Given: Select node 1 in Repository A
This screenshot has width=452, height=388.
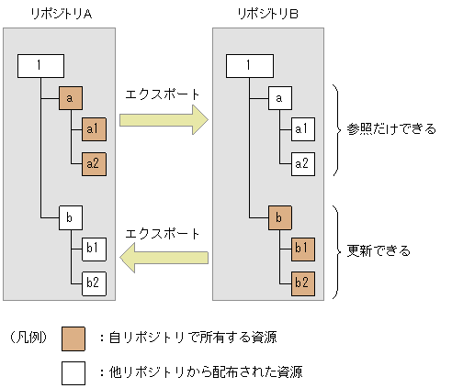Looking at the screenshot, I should [40, 66].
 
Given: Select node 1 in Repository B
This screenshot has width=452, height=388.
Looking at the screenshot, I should [249, 66].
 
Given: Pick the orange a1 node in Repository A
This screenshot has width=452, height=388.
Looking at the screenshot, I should [94, 129].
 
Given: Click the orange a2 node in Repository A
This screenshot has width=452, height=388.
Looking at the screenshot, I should [94, 163].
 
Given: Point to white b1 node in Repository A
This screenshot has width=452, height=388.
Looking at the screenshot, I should [94, 249].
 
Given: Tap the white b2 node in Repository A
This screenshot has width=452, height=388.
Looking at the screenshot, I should [94, 282].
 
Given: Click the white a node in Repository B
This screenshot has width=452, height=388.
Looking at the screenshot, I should [279, 96].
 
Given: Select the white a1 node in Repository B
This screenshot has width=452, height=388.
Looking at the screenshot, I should [302, 129].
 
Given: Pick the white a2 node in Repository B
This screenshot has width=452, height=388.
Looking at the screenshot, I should [302, 163].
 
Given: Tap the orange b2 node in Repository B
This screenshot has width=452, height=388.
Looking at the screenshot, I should [302, 282].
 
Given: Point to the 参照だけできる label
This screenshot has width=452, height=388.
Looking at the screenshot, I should [387, 129].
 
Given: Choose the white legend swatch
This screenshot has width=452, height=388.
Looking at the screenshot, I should [73, 372].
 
